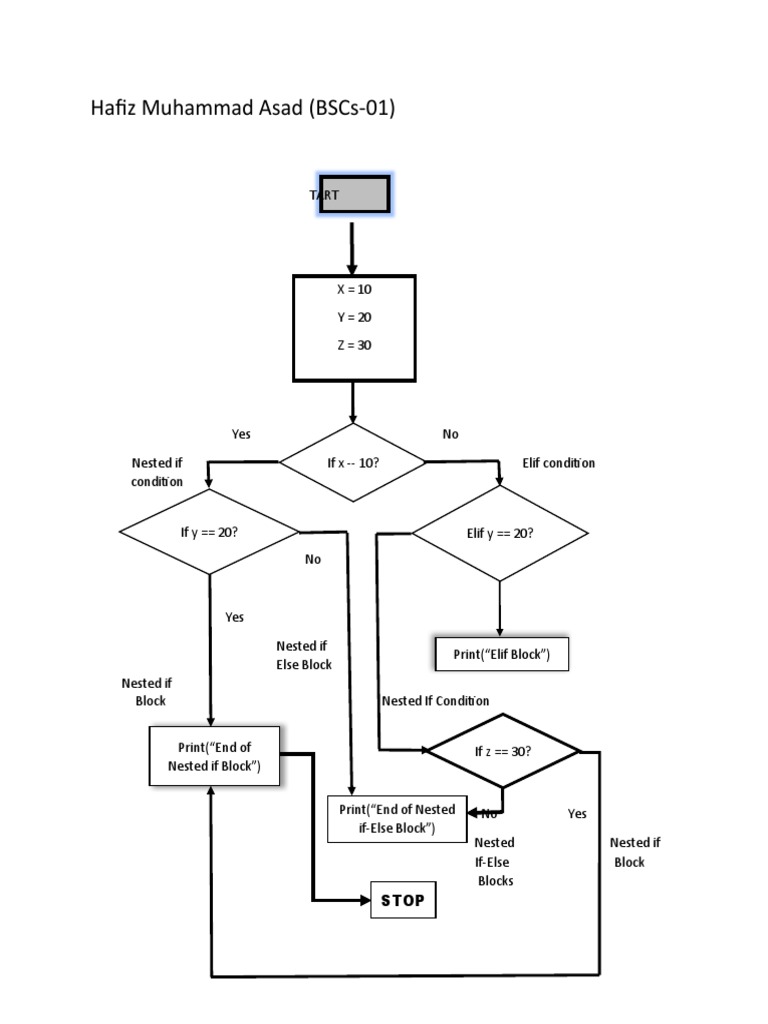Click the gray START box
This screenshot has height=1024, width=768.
click(x=354, y=196)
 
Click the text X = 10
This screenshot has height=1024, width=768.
click(x=354, y=289)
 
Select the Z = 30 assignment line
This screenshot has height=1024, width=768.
click(x=354, y=345)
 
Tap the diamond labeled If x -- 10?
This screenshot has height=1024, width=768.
click(x=352, y=463)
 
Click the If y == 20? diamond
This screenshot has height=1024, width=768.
click(x=209, y=532)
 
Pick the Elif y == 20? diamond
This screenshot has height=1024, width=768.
click(x=500, y=533)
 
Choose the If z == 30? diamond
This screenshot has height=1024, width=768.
click(x=502, y=751)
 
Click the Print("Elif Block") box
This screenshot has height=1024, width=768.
click(x=502, y=655)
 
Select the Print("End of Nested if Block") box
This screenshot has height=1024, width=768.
click(x=213, y=756)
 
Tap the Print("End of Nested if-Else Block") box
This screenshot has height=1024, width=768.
click(x=397, y=819)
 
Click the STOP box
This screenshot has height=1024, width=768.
click(x=403, y=900)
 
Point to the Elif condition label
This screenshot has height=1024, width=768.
click(x=559, y=463)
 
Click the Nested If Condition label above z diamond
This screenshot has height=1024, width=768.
click(x=436, y=701)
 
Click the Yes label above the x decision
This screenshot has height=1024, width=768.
click(x=241, y=434)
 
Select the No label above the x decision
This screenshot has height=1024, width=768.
click(x=450, y=434)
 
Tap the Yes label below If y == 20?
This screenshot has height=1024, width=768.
click(x=234, y=617)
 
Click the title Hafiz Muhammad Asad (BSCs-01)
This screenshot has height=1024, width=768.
click(x=243, y=108)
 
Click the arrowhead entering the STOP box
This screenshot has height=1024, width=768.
click(x=363, y=900)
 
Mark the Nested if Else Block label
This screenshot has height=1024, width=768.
click(x=304, y=655)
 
